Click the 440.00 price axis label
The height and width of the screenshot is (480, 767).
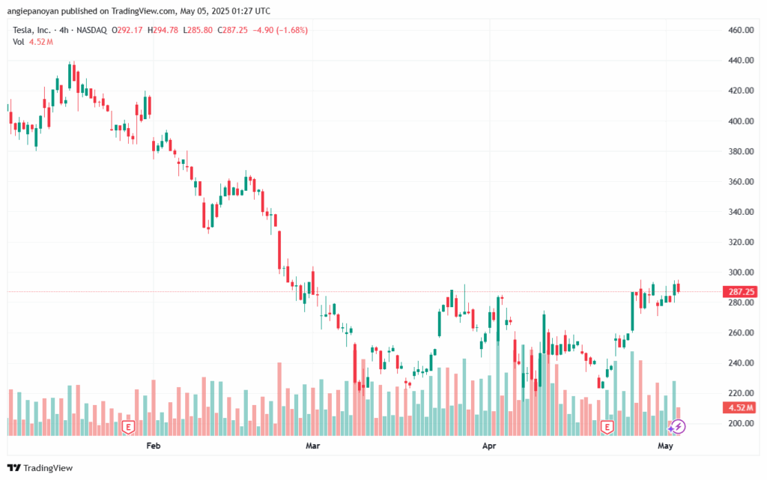pos(741,60)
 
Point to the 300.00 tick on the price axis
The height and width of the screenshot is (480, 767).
pos(741,273)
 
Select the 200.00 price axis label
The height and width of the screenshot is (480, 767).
pos(741,423)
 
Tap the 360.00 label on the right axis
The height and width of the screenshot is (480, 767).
pos(741,181)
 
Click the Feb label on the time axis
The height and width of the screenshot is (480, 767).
pos(153,446)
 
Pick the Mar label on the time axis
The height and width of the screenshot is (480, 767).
pos(312,446)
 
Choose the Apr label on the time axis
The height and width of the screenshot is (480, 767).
pos(489,446)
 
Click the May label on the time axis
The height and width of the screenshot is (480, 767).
pos(665,446)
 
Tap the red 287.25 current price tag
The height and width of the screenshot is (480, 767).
pos(741,292)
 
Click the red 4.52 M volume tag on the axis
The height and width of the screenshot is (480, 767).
pos(740,407)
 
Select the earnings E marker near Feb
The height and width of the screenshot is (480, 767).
pos(128,428)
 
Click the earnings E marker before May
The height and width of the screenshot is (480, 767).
pos(607,428)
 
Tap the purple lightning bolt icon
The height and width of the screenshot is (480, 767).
pos(678,427)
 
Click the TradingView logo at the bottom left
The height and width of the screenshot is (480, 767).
pos(40,468)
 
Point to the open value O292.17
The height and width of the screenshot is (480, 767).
pos(127,30)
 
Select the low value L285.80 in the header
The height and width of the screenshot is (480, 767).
pos(198,30)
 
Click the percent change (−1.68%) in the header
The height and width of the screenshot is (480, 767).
pos(292,30)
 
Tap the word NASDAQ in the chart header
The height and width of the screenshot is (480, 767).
pos(91,30)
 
